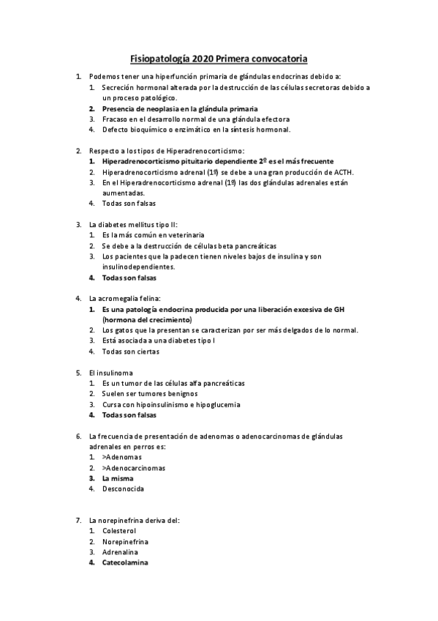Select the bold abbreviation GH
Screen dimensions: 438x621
tap(338, 309)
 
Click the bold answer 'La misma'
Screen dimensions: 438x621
tap(118, 478)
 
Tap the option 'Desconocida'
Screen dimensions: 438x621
tap(123, 488)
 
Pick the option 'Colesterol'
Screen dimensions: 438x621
tap(119, 531)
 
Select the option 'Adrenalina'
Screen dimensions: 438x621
tap(121, 552)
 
